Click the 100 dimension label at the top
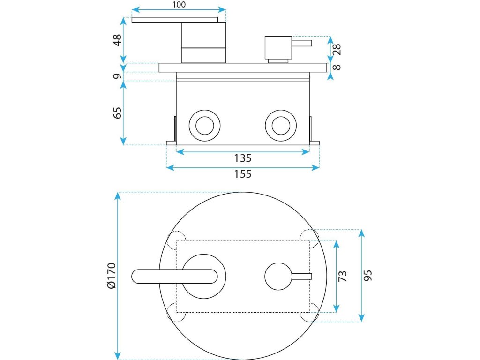coord(179,5)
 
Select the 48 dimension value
coord(117,39)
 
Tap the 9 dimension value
coord(117,75)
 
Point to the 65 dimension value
coord(117,112)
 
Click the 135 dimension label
coord(243,158)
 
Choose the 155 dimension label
coord(243,174)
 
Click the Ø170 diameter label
coord(111,276)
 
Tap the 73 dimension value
coord(343,276)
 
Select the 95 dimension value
coord(368,276)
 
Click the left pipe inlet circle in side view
coord(204,125)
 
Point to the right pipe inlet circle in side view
coord(280,125)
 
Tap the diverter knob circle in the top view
coord(278,276)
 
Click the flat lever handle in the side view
coord(174,20)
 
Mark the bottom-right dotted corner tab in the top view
coord(310,313)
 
